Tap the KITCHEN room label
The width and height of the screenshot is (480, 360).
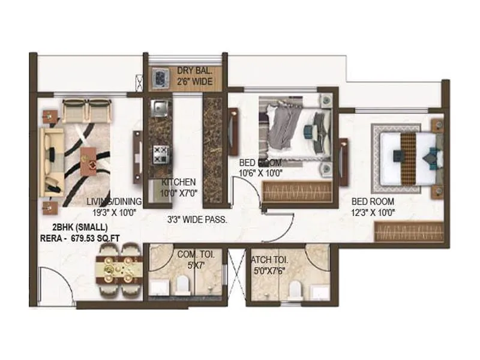click(x=178, y=182)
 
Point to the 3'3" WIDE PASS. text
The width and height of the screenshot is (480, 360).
click(x=197, y=220)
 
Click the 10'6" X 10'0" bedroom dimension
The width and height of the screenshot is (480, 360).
click(x=261, y=173)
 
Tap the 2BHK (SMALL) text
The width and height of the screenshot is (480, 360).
click(x=80, y=227)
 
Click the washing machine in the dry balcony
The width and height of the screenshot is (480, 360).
click(x=160, y=76)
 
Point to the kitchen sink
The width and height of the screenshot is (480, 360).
click(x=160, y=108)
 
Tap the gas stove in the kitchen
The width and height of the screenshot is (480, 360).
click(x=160, y=154)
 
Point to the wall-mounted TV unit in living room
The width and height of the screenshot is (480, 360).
click(x=137, y=151)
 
